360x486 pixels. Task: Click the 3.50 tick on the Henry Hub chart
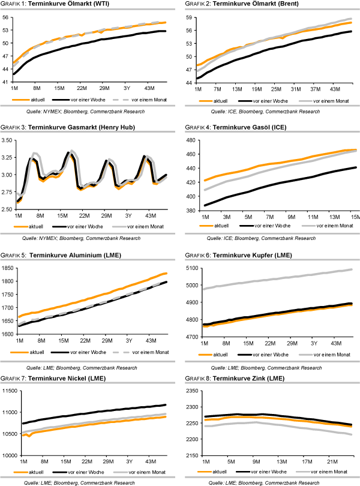coord(8,140)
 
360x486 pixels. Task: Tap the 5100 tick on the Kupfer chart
coord(190,268)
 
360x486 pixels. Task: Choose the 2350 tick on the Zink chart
coord(190,391)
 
